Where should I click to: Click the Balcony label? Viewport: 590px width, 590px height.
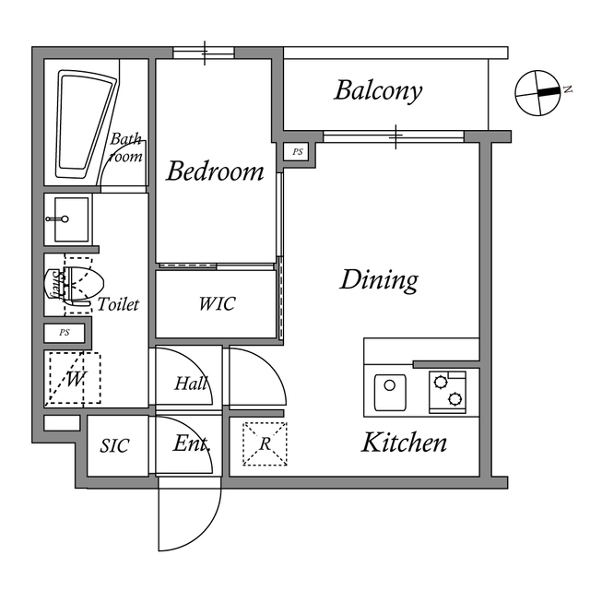pyautogui.click(x=378, y=90)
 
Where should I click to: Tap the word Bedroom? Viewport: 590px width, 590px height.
pyautogui.click(x=215, y=171)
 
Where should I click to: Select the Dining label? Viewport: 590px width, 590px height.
pyautogui.click(x=379, y=279)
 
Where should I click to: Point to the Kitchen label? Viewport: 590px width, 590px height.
pyautogui.click(x=404, y=442)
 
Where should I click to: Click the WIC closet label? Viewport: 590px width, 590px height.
pyautogui.click(x=217, y=304)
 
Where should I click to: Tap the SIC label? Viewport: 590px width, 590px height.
pyautogui.click(x=114, y=446)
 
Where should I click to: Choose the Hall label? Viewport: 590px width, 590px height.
pyautogui.click(x=191, y=384)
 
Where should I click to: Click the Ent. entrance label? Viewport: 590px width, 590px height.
pyautogui.click(x=192, y=443)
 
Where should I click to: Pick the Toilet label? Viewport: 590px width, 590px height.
pyautogui.click(x=118, y=303)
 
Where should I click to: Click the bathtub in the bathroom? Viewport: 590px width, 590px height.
pyautogui.click(x=86, y=124)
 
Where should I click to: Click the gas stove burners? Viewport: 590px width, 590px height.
pyautogui.click(x=448, y=391)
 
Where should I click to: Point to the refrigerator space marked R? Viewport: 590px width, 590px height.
pyautogui.click(x=265, y=443)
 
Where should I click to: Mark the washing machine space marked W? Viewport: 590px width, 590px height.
pyautogui.click(x=73, y=378)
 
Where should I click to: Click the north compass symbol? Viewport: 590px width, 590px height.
pyautogui.click(x=537, y=92)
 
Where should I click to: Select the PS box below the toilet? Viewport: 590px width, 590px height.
pyautogui.click(x=65, y=332)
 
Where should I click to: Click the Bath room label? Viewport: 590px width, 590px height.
pyautogui.click(x=127, y=148)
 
